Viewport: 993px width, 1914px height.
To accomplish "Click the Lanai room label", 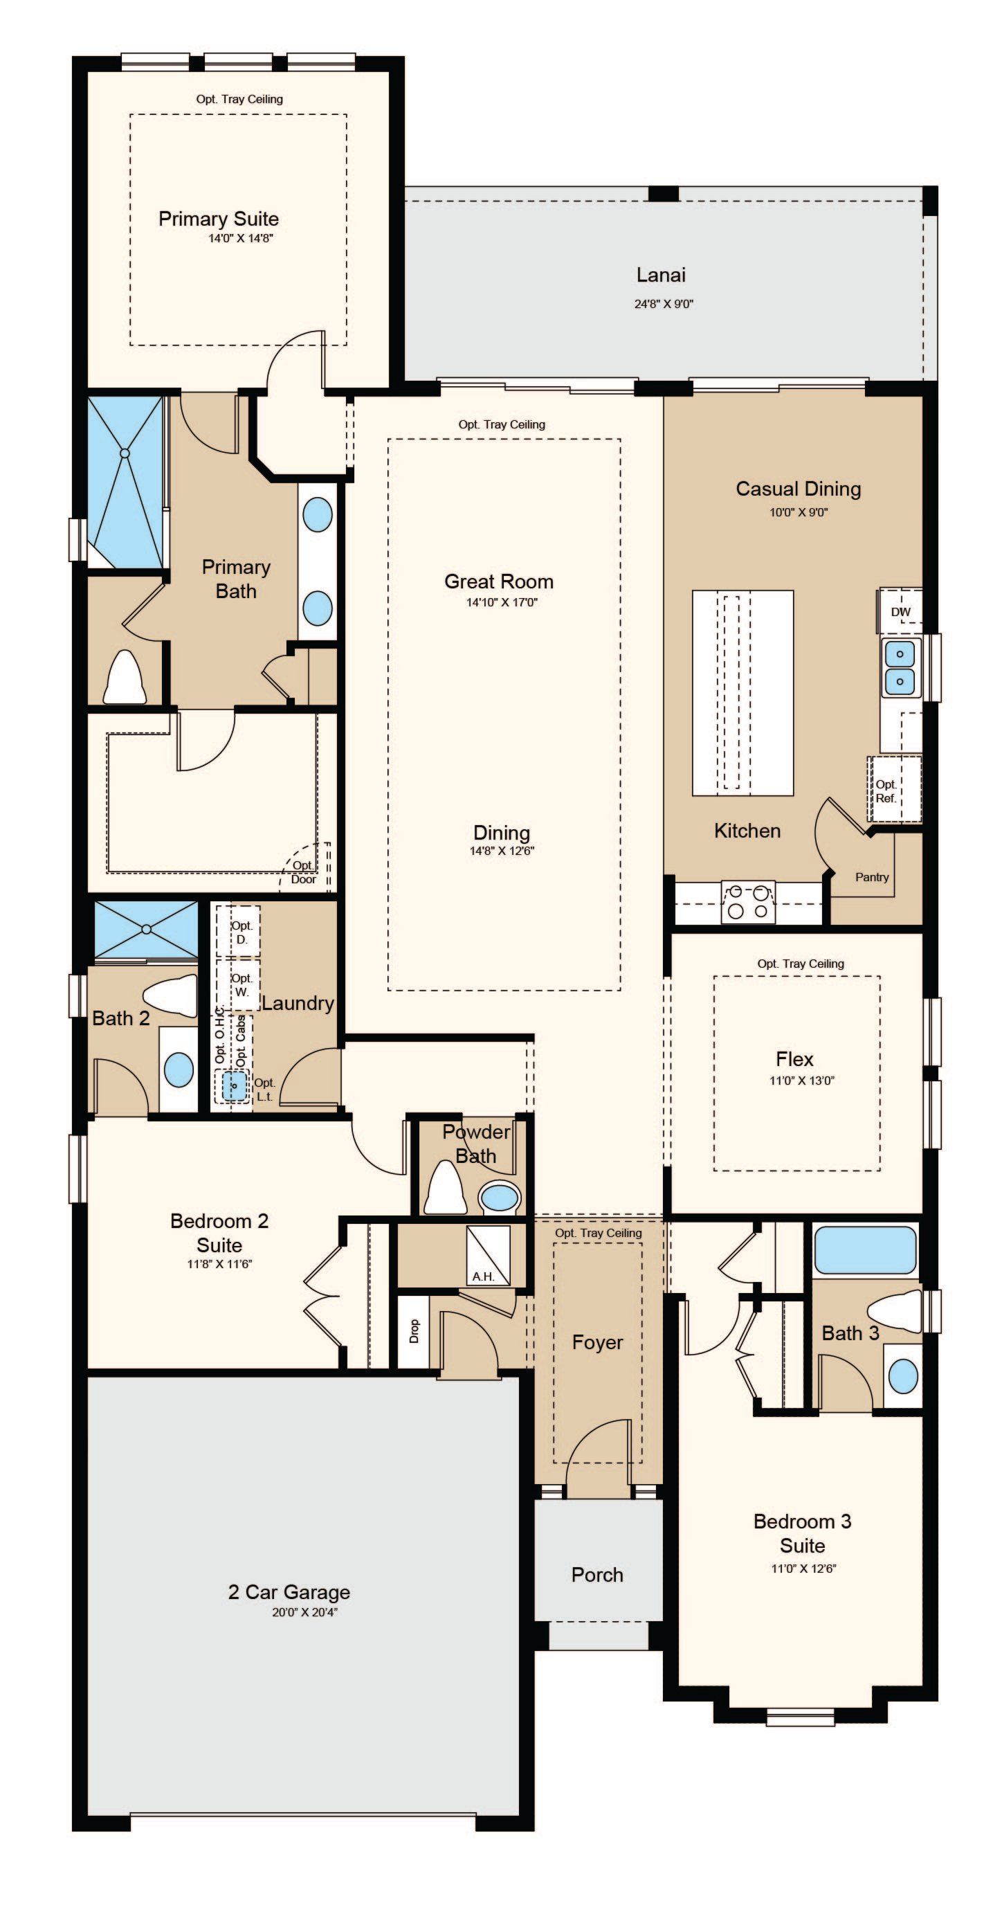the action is (x=660, y=275).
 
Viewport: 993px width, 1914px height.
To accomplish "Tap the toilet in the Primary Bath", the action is (x=124, y=677).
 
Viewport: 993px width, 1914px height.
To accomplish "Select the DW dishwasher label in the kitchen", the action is (x=900, y=612).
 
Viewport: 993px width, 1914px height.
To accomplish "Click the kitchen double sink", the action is (x=901, y=667).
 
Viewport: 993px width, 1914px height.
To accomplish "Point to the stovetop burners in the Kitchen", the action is (x=748, y=902).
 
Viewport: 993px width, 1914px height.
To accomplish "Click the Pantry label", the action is (x=871, y=877).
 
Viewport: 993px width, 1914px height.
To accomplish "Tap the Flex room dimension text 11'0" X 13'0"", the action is (x=801, y=1081).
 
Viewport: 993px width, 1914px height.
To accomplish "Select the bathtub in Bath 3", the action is (x=865, y=1250).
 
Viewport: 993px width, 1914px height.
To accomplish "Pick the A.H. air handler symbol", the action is (x=488, y=1255).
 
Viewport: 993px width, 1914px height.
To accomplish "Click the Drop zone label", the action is (x=414, y=1330).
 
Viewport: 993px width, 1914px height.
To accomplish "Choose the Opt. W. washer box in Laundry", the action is (x=239, y=985).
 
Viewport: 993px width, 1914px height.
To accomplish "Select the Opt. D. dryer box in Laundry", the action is (x=239, y=931).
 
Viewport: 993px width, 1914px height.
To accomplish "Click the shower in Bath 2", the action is (x=146, y=930).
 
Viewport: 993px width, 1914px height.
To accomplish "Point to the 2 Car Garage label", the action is (x=289, y=1591).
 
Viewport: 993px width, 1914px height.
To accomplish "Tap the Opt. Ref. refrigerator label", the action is (x=886, y=791).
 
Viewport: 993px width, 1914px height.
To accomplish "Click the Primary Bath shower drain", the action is (x=125, y=452).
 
